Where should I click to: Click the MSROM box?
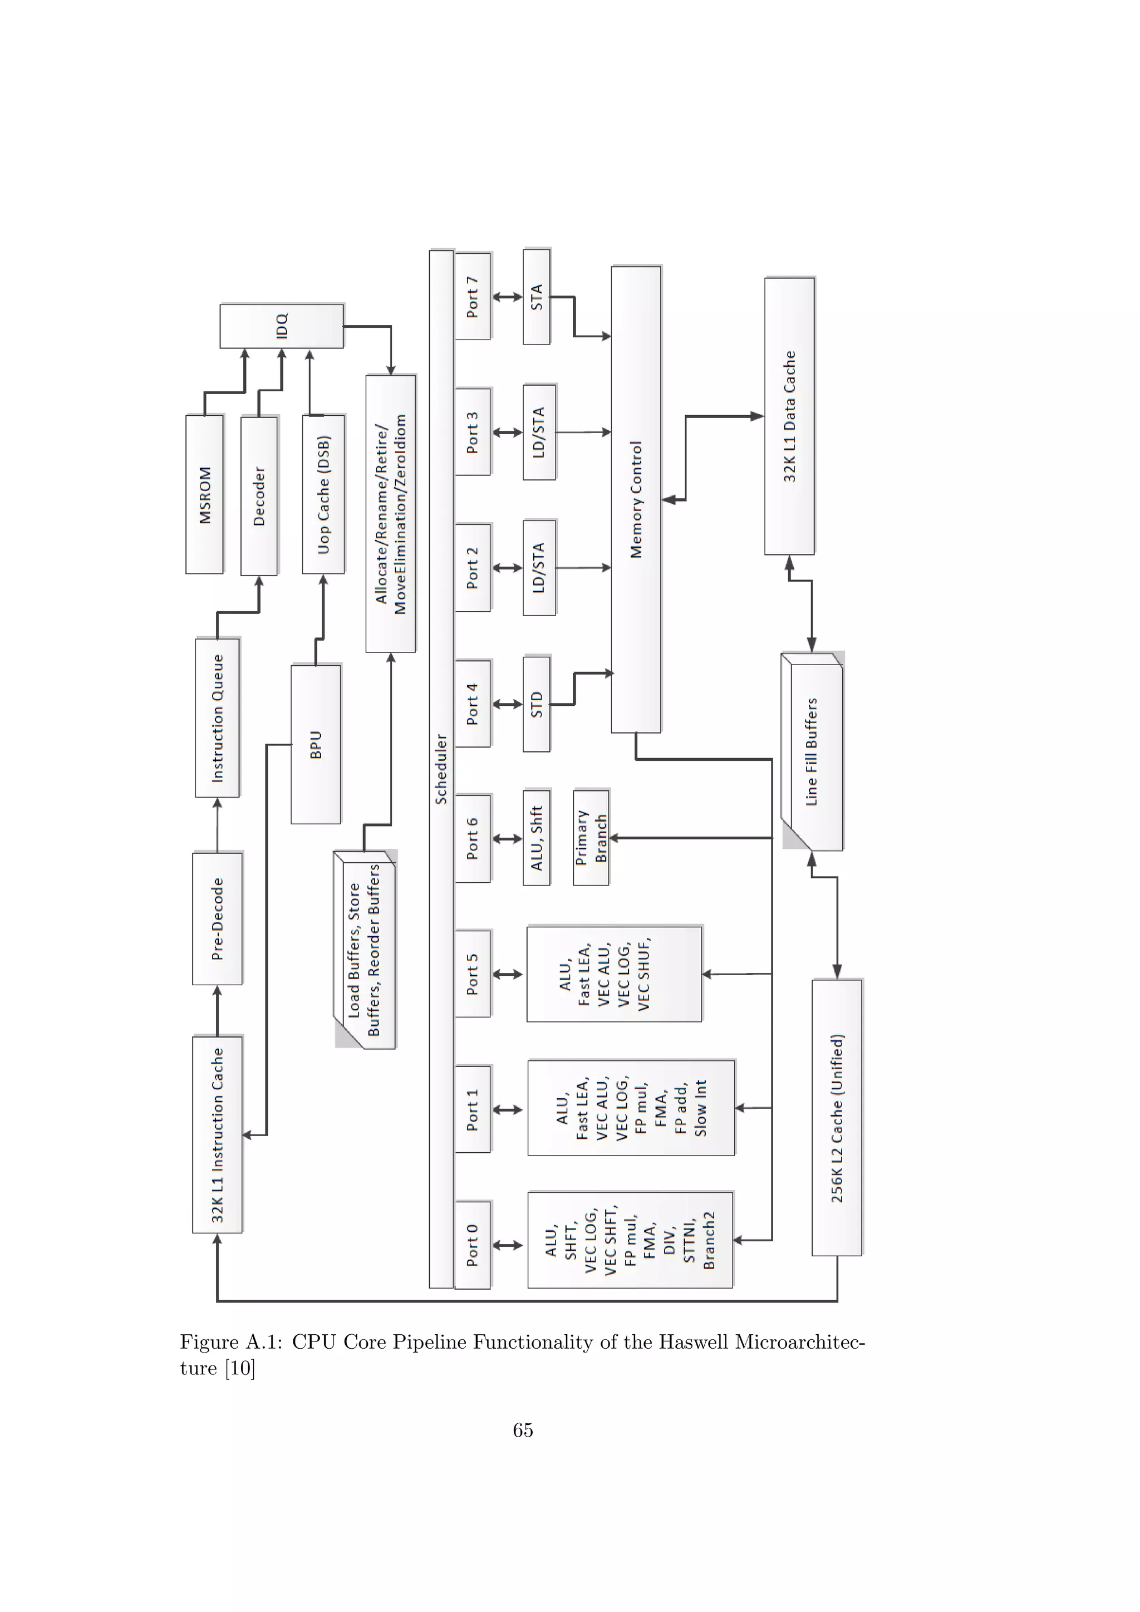(x=204, y=494)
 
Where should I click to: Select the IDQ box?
(x=282, y=326)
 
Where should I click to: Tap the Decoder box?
(x=259, y=495)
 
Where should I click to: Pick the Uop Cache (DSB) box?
(x=323, y=494)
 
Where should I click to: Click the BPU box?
(x=316, y=744)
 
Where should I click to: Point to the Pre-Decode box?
(x=218, y=918)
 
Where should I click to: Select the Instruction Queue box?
(x=218, y=717)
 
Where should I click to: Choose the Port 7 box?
(x=473, y=296)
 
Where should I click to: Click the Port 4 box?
(x=473, y=704)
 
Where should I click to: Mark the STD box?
(x=536, y=704)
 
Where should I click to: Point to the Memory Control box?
(x=636, y=499)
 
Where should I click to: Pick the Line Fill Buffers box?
(x=812, y=752)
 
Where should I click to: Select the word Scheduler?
(x=441, y=769)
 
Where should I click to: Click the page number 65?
(x=523, y=1430)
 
